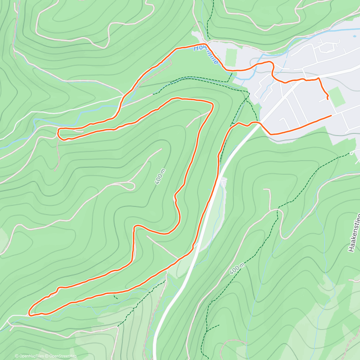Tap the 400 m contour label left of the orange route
pyautogui.click(x=160, y=176)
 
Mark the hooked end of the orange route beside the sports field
pyautogui.click(x=327, y=98)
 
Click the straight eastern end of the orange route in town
pyautogui.click(x=331, y=115)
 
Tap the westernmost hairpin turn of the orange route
pyautogui.click(x=59, y=133)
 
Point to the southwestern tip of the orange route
pyautogui.click(x=30, y=314)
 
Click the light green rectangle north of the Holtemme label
pyautogui.click(x=231, y=57)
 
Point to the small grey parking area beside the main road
pyautogui.click(x=223, y=181)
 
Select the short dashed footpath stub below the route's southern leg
pyautogui.click(x=115, y=297)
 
